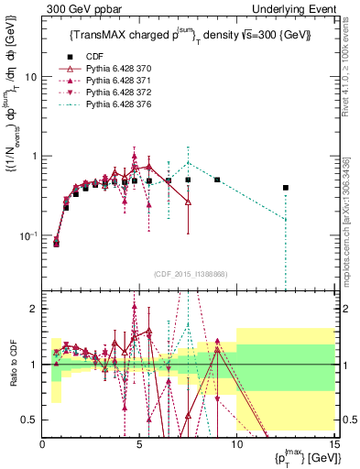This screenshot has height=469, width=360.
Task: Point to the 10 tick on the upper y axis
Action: tap(31, 77)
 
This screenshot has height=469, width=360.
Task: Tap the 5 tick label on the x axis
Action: tap(139, 442)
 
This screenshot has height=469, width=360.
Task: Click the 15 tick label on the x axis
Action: tap(333, 442)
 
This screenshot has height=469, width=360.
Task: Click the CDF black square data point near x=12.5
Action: tap(286, 188)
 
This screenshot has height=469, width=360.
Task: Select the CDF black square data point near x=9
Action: tap(217, 180)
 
